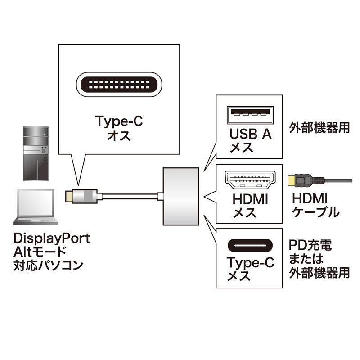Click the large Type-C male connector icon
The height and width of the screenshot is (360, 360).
click(x=119, y=85)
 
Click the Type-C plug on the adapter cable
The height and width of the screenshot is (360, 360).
click(x=81, y=196)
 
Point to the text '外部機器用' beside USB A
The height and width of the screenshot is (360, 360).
click(x=319, y=127)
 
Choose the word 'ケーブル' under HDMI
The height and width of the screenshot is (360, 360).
click(x=315, y=212)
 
